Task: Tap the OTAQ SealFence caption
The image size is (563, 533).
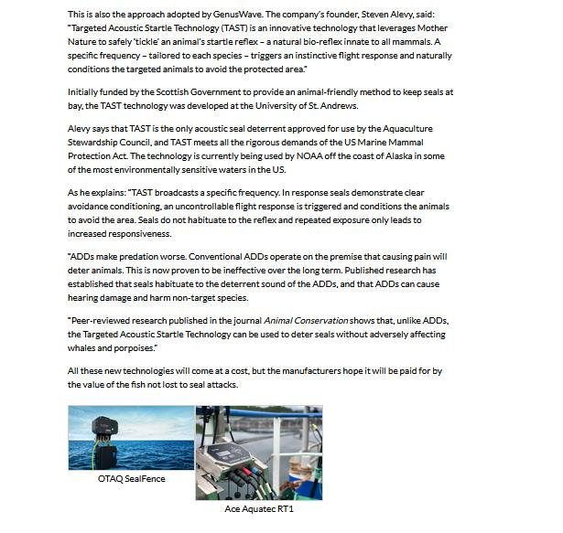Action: (x=132, y=478)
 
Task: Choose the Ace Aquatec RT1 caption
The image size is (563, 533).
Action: (x=259, y=508)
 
